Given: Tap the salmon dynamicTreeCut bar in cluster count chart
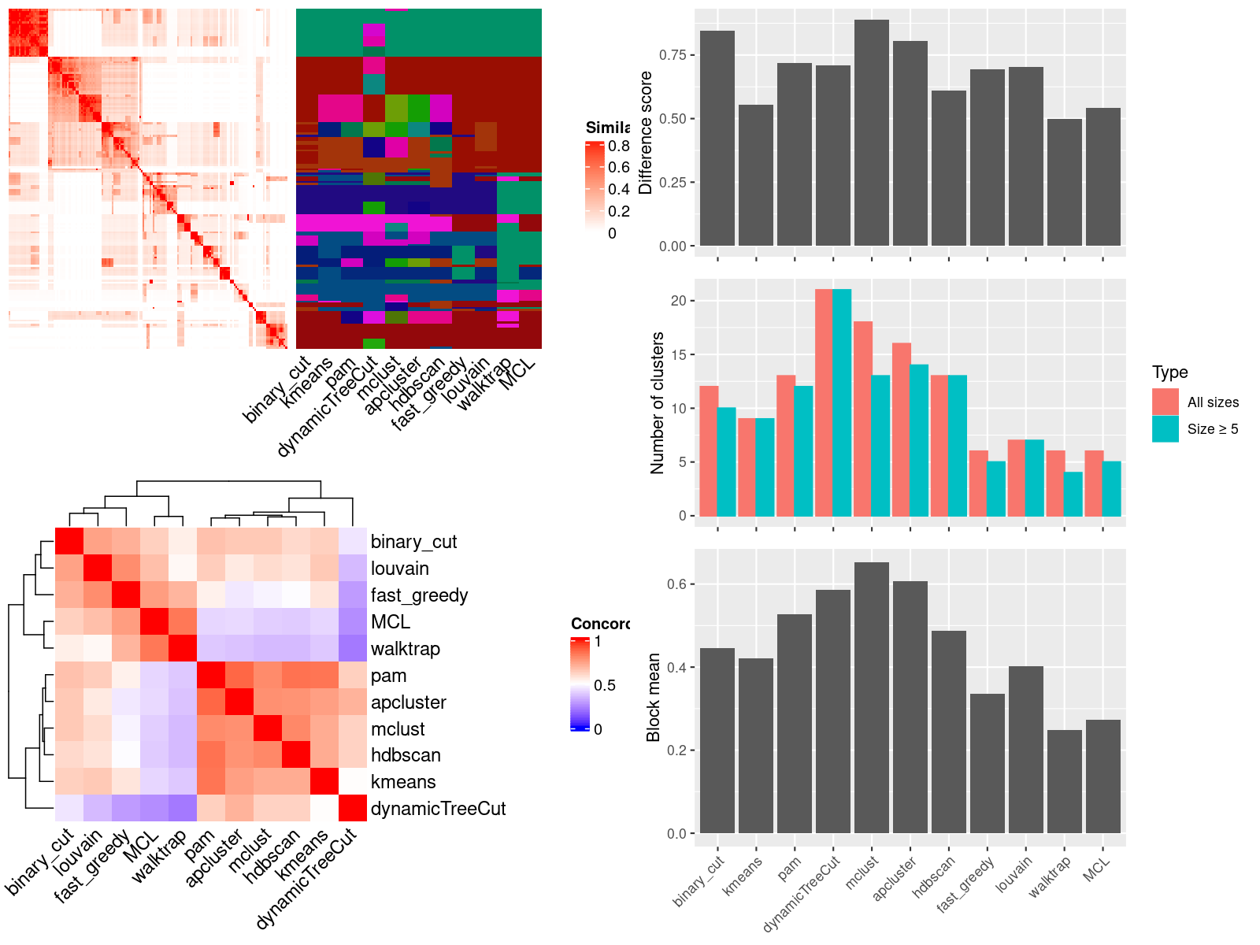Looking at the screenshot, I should pos(824,402).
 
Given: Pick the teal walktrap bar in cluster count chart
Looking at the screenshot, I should pos(1073,494).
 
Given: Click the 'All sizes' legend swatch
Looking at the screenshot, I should pos(1165,402).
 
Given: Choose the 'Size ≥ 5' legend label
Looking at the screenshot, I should pos(1213,429).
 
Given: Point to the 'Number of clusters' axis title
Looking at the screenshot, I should pos(657,402).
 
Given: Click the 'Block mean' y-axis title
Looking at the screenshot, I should pos(653,698).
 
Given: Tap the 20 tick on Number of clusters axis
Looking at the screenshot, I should pos(678,300).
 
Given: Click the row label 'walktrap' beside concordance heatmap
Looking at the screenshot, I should pos(405,649).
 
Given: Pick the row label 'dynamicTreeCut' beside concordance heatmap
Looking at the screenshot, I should pos(438,809).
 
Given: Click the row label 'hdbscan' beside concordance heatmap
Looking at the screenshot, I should pos(406,755).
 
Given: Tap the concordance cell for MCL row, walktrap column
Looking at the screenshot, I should pos(183,622).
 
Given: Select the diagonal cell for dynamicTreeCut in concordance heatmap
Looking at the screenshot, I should pos(353,809).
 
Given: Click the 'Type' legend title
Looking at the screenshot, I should pos(1169,372).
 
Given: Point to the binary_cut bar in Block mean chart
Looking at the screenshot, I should pos(717,740).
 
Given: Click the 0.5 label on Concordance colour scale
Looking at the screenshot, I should pos(605,685).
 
